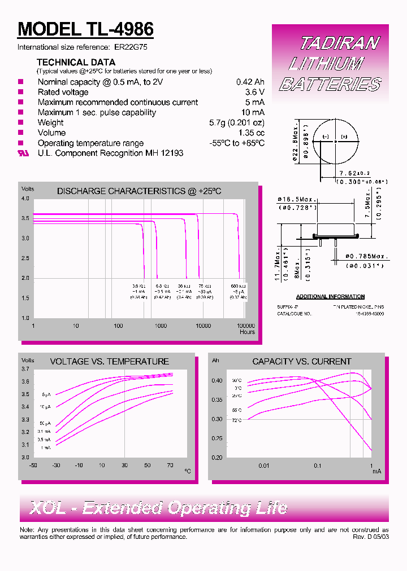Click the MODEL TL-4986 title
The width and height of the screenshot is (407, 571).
pos(86,29)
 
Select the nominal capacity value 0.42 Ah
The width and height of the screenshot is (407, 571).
pos(250,82)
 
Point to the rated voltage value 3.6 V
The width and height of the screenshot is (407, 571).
pos(254,92)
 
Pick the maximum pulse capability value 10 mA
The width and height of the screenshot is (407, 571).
pos(253,112)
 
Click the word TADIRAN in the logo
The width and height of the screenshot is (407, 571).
pos(339,43)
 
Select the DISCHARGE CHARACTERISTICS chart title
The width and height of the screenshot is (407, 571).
pos(139,191)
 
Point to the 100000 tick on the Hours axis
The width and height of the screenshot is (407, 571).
pos(246,326)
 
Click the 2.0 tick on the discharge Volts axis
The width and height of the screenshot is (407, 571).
pos(25,278)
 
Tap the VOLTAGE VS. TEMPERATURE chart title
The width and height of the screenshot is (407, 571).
pos(109,361)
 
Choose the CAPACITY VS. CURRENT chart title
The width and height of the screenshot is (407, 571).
pos(301,361)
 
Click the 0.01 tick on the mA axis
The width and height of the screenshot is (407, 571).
pos(264,465)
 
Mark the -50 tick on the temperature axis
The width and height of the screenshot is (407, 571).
pos(33,465)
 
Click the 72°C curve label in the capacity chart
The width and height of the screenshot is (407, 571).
pos(236,420)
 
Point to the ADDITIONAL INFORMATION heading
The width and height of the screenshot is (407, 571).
pos(330,297)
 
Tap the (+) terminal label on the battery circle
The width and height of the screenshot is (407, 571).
pos(344,137)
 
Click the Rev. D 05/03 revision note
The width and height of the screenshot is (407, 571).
pos(370,537)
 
